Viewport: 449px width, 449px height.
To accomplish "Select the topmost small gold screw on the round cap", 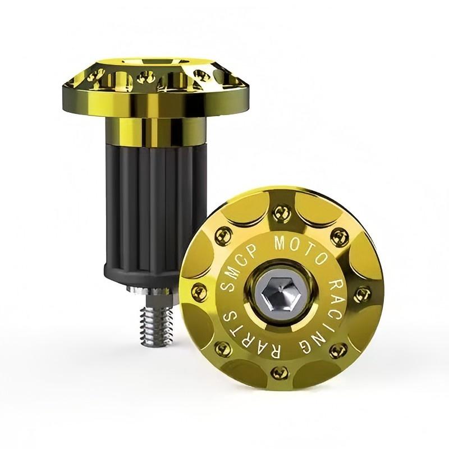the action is (x=278, y=213).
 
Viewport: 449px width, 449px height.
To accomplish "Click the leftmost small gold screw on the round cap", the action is (x=199, y=292).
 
